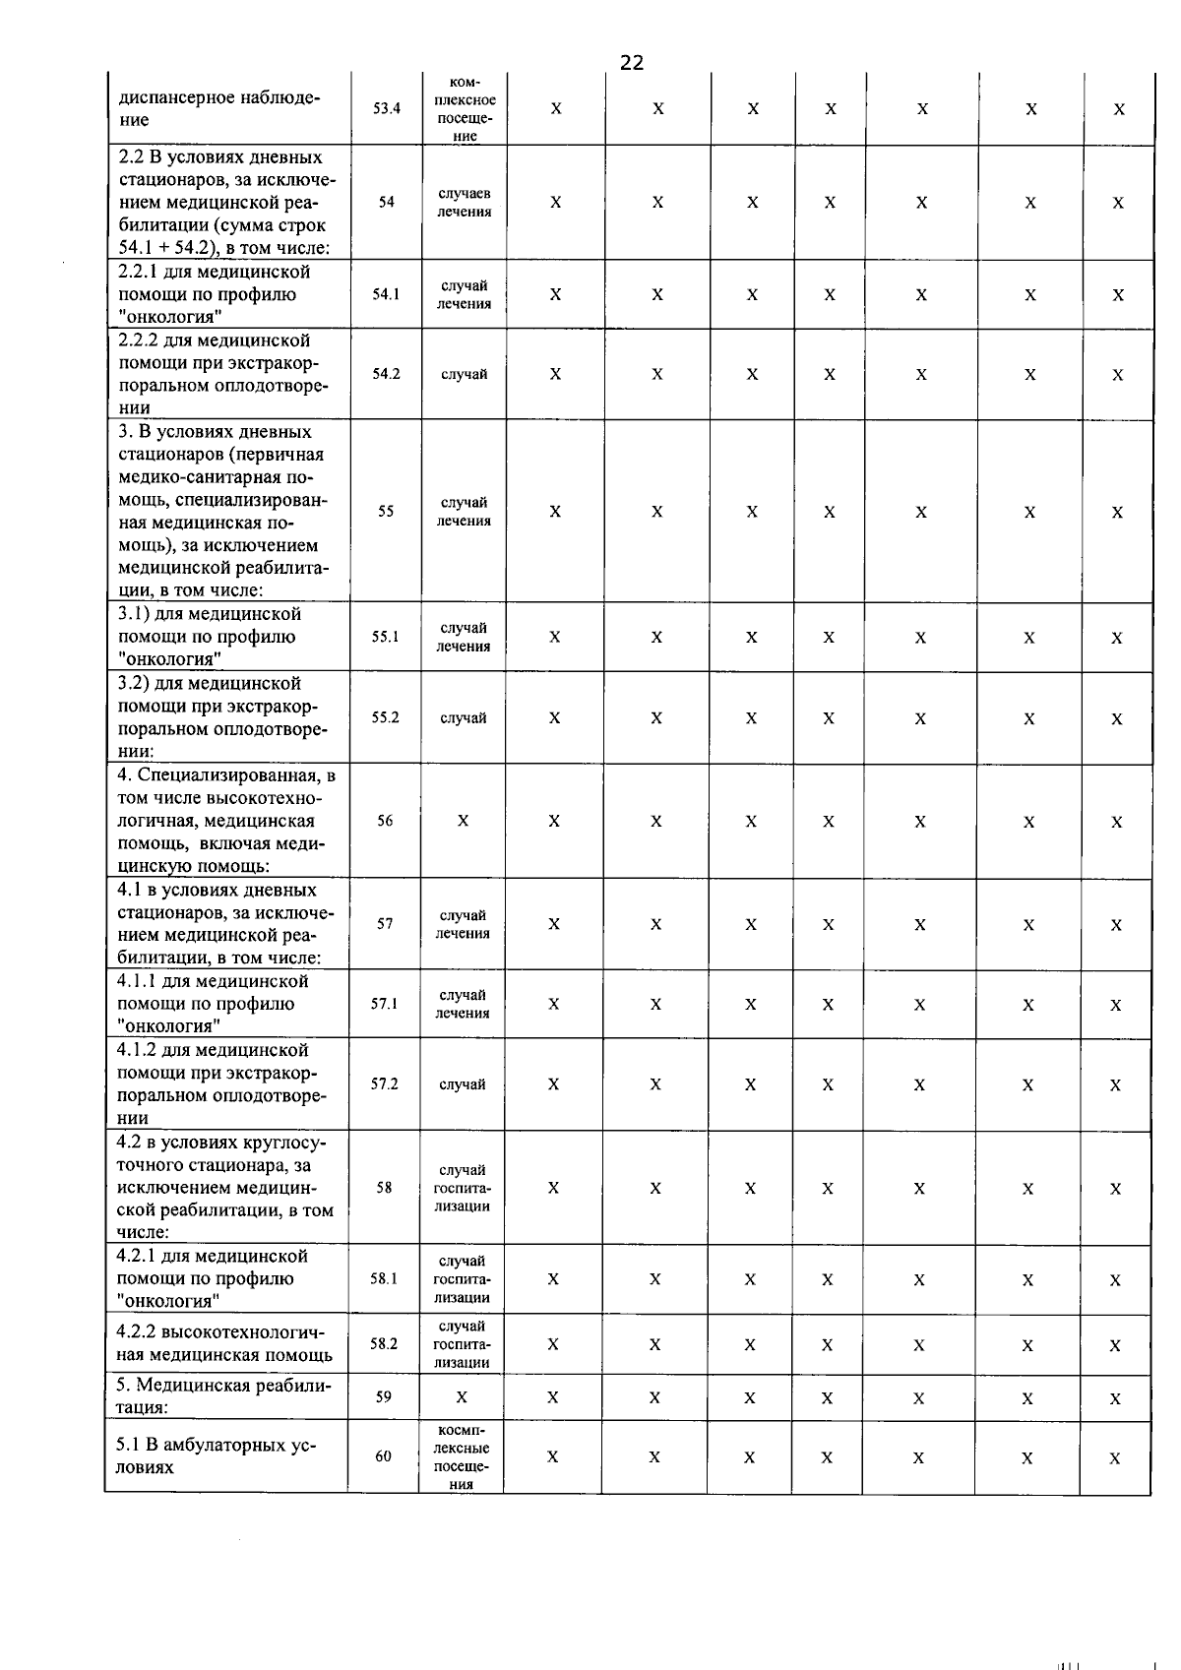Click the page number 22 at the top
632,63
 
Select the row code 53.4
387,109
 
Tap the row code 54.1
386,294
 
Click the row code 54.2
386,374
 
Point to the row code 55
386,512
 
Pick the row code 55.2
385,717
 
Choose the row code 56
385,821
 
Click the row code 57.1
384,1004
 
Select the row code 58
384,1188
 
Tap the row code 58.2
384,1343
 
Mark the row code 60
383,1456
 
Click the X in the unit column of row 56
463,821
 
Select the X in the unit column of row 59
462,1397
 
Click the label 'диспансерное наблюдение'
219,108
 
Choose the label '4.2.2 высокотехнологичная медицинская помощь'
224,1343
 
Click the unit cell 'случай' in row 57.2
463,1084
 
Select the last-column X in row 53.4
1119,109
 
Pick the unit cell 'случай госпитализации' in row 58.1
462,1279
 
